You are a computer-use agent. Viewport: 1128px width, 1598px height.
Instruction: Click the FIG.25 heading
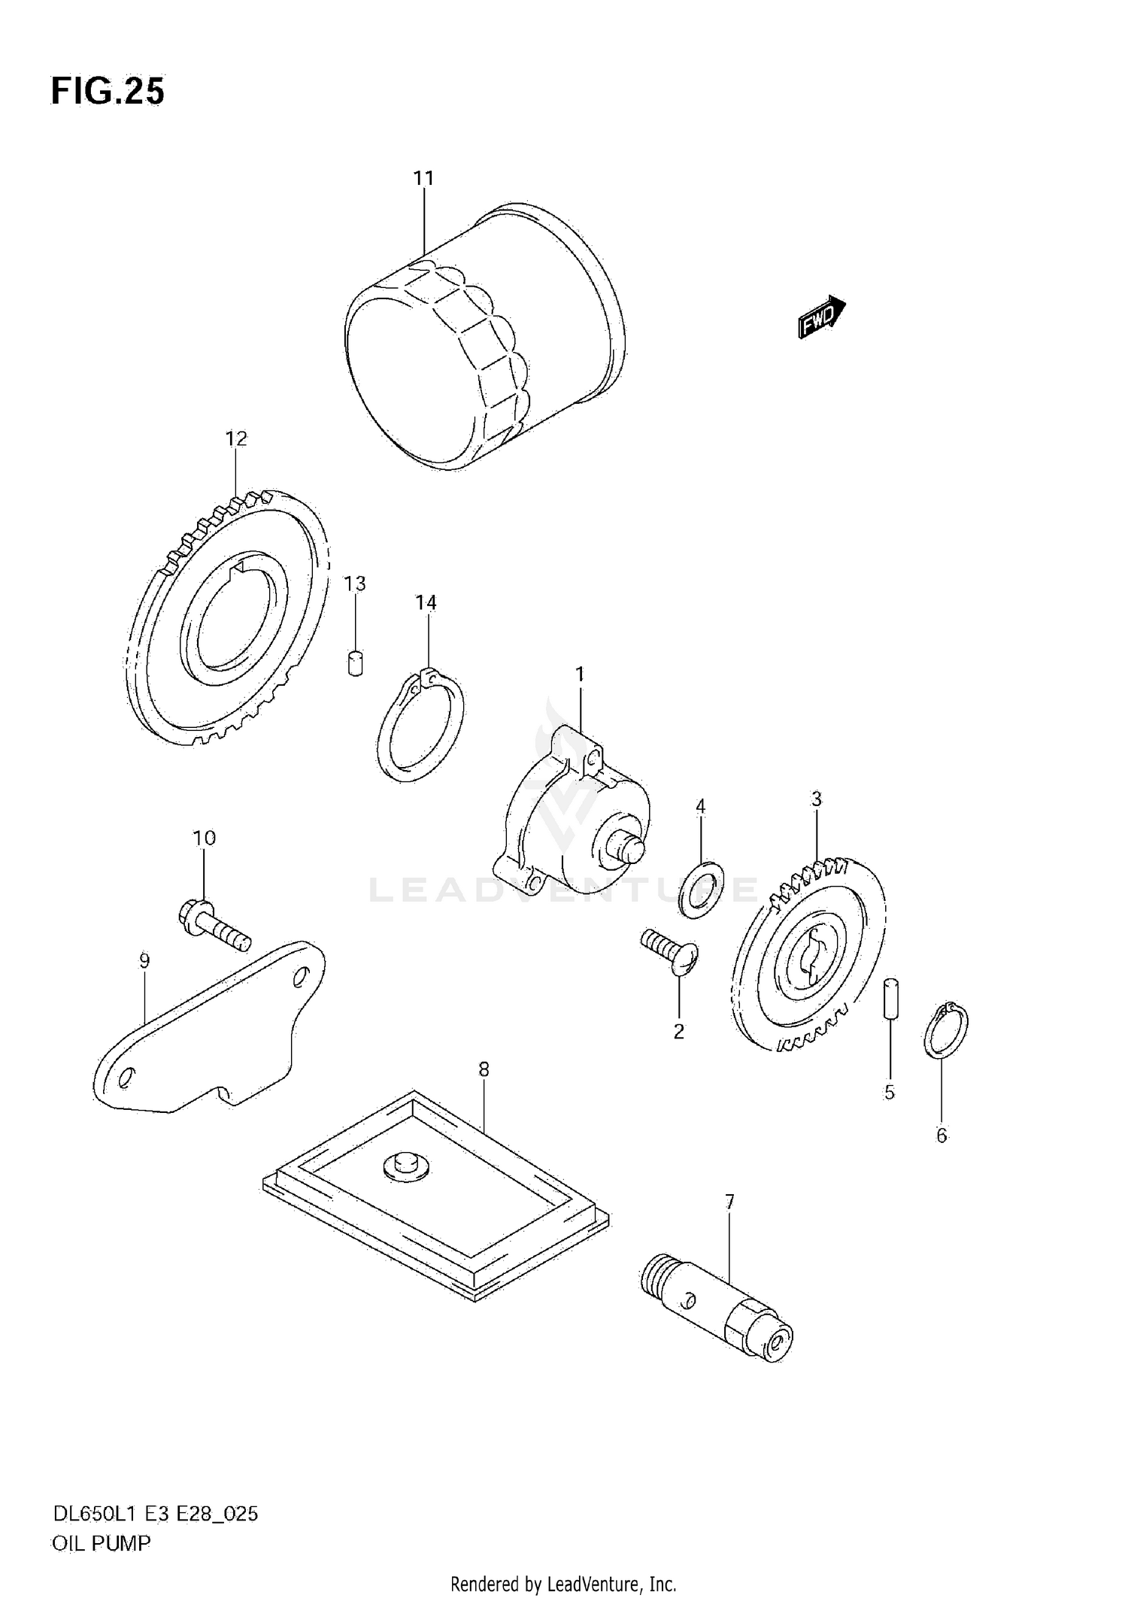(x=107, y=92)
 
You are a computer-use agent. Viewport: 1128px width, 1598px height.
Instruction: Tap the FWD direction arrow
(x=821, y=317)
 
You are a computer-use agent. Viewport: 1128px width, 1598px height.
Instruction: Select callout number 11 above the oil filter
(x=423, y=179)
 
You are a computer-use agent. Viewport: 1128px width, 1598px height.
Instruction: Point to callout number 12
(x=236, y=438)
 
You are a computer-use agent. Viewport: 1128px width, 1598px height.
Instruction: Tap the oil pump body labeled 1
(x=572, y=816)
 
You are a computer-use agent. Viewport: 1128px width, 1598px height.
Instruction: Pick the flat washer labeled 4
(x=700, y=890)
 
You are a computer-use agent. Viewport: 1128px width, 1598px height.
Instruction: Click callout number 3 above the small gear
(x=816, y=799)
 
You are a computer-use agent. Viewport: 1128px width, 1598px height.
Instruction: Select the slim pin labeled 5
(x=890, y=997)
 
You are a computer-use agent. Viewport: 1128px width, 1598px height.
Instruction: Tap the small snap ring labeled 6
(x=945, y=1030)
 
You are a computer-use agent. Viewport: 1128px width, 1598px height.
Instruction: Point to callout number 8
(x=484, y=1069)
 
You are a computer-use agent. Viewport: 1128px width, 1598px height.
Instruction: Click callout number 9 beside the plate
(x=144, y=960)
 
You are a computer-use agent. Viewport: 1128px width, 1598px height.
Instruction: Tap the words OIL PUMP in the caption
(x=101, y=1543)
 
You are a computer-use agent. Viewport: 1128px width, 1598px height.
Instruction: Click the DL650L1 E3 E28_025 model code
(x=154, y=1514)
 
